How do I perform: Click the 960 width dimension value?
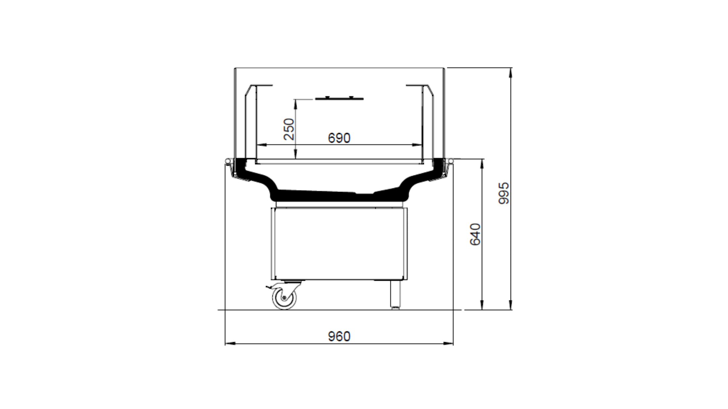coord(339,336)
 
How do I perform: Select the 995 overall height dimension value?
coord(504,193)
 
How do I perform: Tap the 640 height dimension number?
coord(475,234)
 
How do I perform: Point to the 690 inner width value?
coord(339,138)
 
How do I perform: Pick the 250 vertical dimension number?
coord(289,129)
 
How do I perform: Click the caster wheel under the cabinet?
coord(284,298)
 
